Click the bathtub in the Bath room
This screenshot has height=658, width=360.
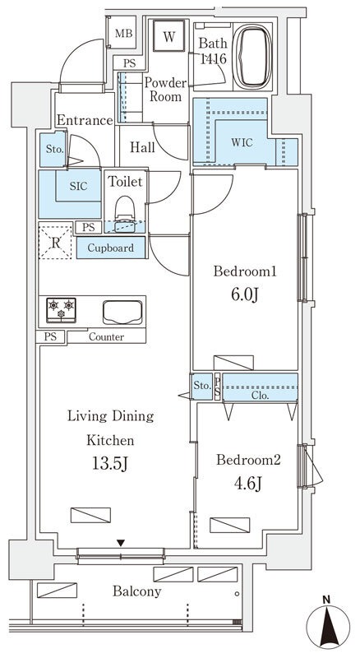tap(252, 57)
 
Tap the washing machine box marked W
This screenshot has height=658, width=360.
tap(168, 36)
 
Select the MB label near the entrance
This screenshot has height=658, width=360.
tap(123, 33)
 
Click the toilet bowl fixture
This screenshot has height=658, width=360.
tap(124, 214)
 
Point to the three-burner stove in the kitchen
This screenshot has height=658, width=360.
tap(62, 310)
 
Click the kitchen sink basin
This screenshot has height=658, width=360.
tap(122, 313)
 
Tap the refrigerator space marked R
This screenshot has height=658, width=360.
tap(55, 243)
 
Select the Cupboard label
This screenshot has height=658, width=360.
tap(111, 248)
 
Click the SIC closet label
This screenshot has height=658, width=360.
tap(79, 186)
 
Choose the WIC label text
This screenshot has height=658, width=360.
tap(242, 142)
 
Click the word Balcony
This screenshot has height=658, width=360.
tap(136, 592)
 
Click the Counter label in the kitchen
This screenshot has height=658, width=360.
tap(106, 337)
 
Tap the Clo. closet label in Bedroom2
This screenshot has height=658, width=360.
tap(261, 396)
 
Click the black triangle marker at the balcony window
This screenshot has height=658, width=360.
tap(121, 543)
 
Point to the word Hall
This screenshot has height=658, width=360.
tap(142, 147)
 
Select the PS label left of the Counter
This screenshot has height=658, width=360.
tap(50, 337)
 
